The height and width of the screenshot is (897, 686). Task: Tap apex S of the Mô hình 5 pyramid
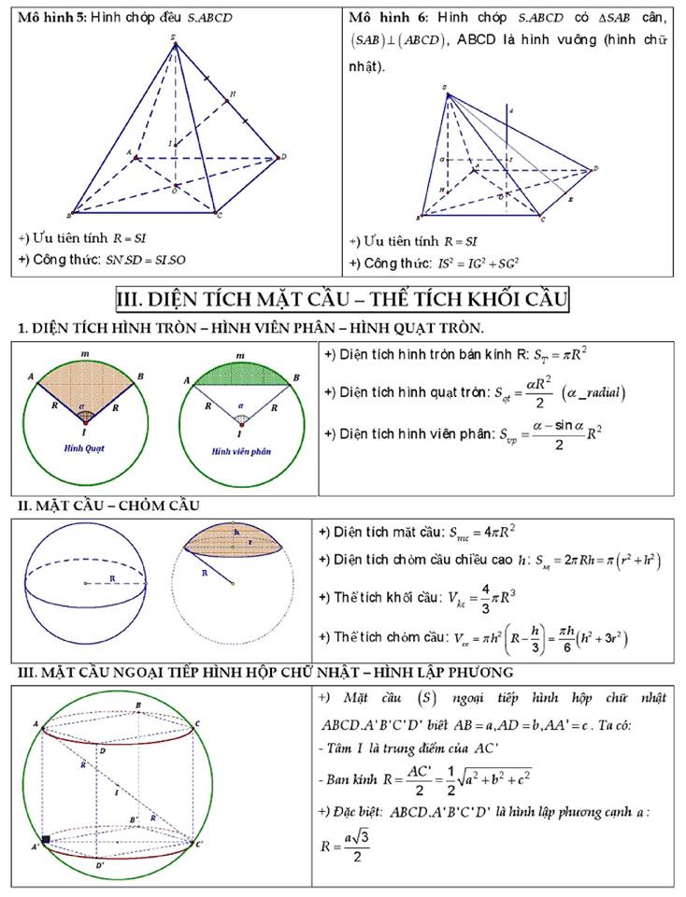coord(175,40)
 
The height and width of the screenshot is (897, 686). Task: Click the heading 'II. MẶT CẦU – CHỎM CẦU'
coord(108,505)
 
